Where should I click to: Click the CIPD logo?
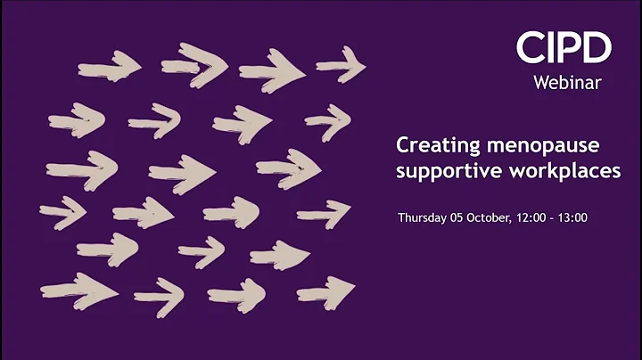(x=564, y=47)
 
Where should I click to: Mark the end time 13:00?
(x=573, y=217)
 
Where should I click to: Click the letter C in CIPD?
(x=529, y=47)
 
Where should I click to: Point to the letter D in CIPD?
(x=597, y=47)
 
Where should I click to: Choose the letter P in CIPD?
(x=569, y=47)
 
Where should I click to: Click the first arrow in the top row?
(x=109, y=66)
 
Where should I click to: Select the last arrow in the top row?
(x=341, y=64)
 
